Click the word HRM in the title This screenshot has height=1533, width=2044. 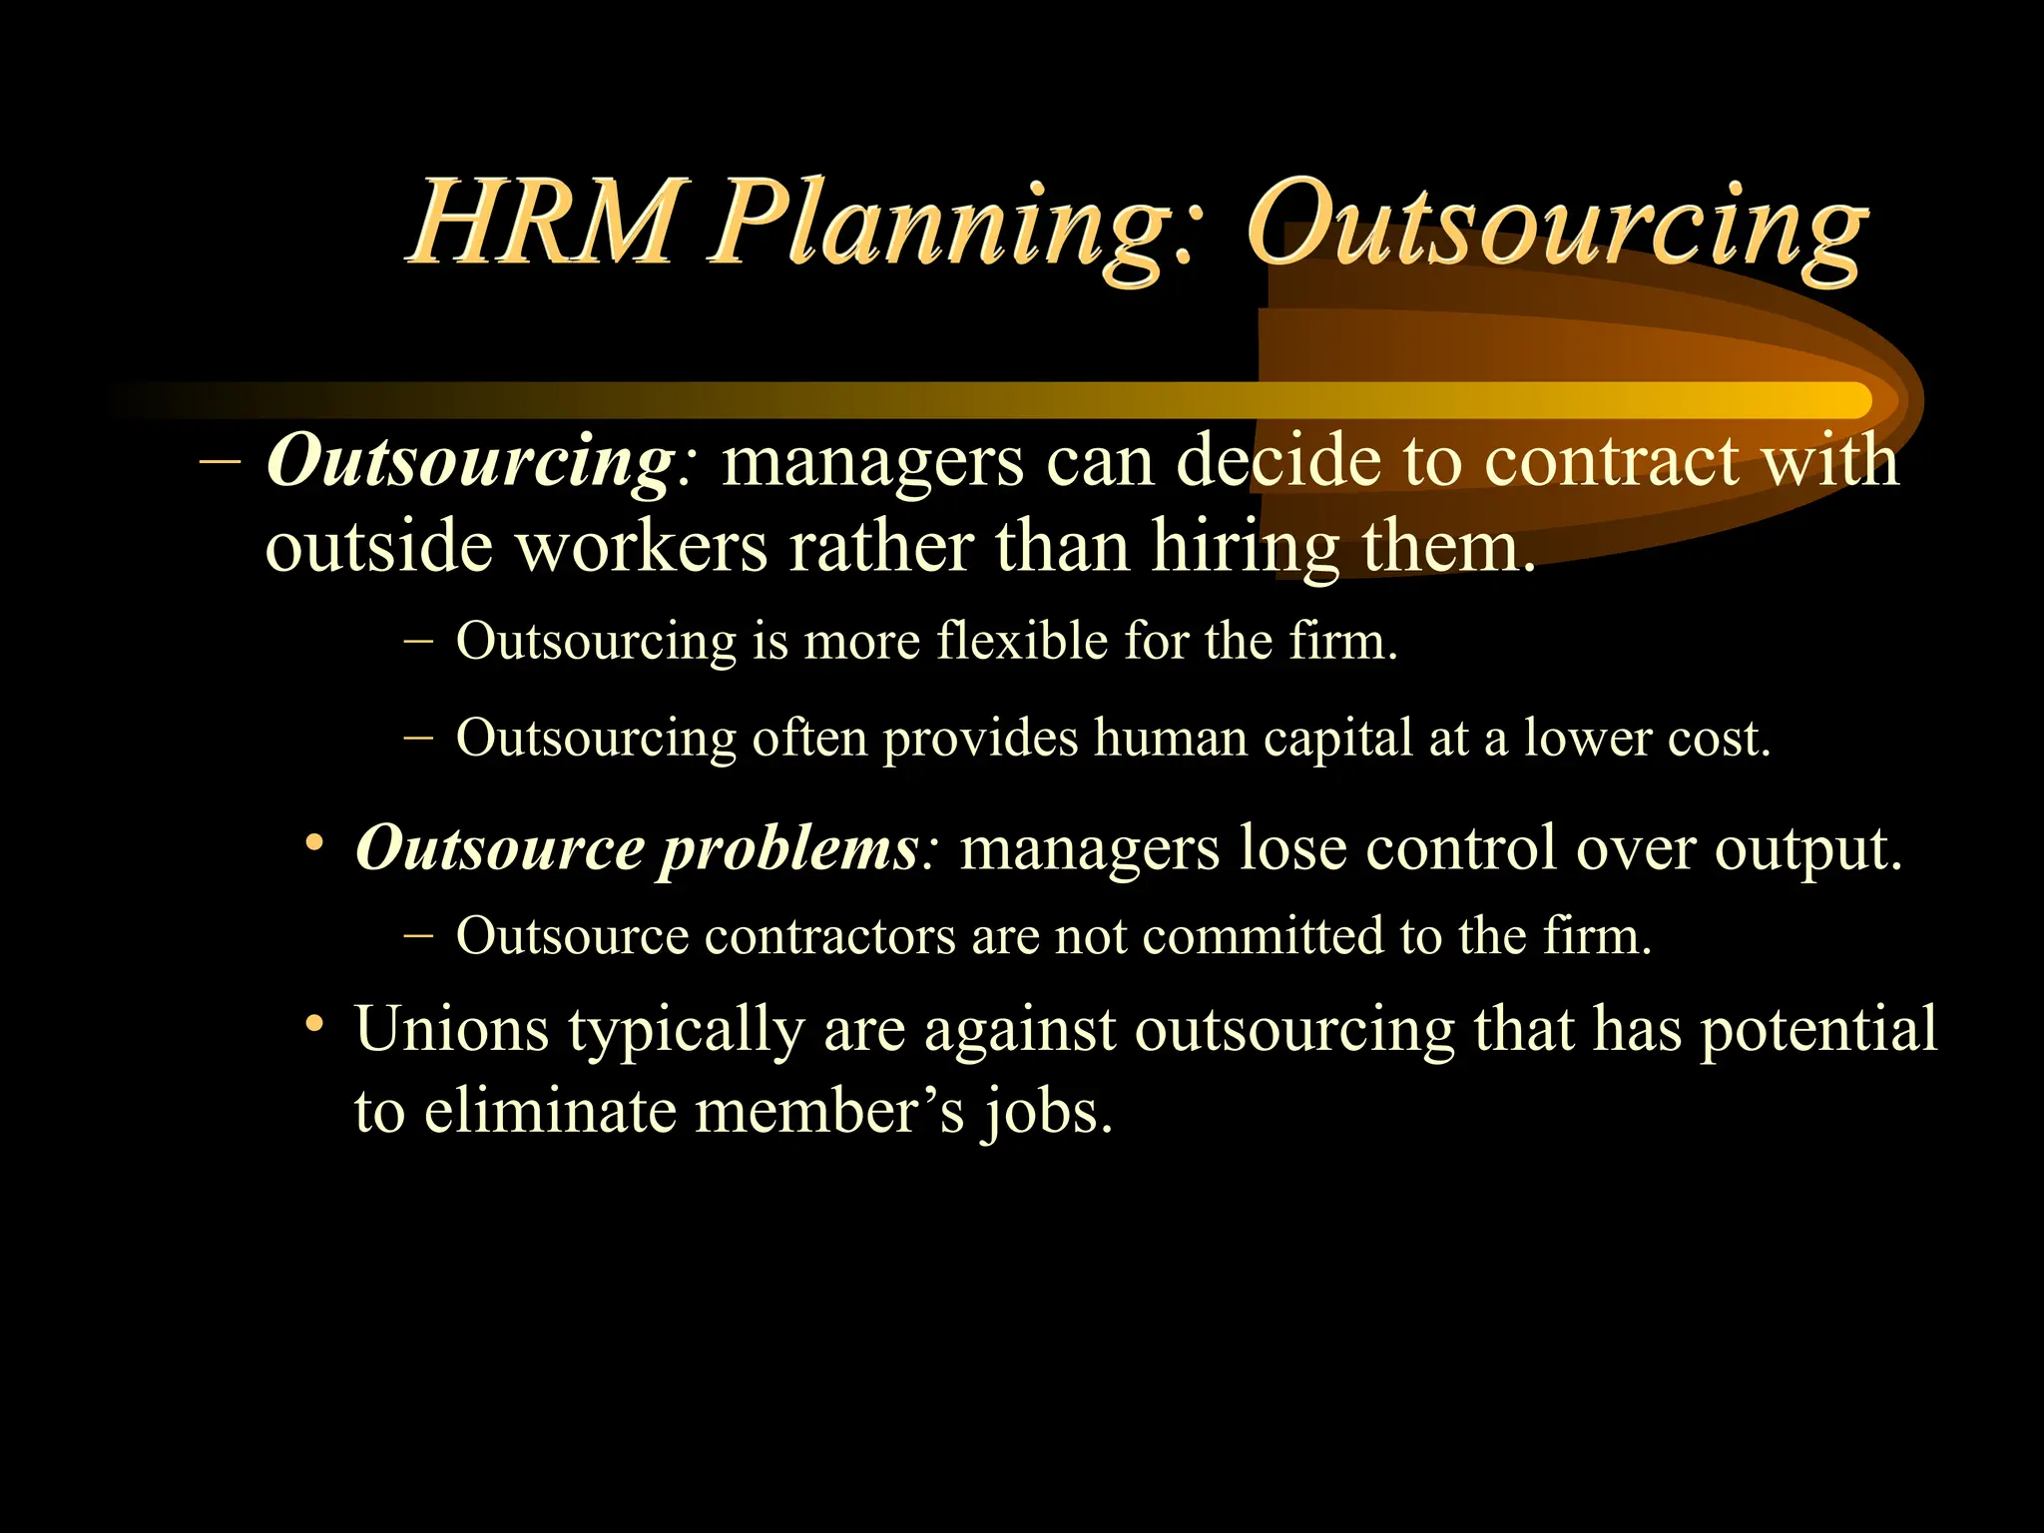[544, 222]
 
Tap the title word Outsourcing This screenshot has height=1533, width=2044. [1556, 228]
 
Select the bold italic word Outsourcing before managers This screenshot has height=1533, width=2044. [470, 462]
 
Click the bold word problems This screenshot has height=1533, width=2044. [788, 848]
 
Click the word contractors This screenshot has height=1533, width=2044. [829, 936]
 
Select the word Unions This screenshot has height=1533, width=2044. [452, 1028]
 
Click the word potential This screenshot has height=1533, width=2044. [1818, 1030]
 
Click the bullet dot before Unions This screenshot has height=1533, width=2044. [315, 1024]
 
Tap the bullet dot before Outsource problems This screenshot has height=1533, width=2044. [315, 844]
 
